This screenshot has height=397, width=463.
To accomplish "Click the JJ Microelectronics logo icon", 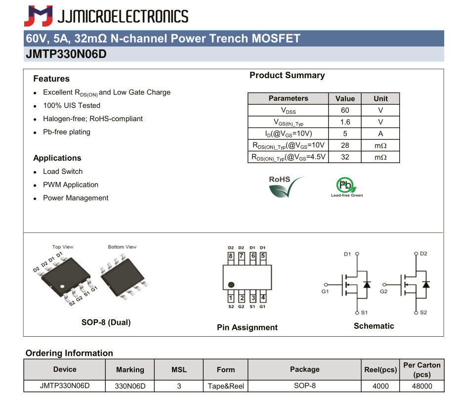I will click(38, 16).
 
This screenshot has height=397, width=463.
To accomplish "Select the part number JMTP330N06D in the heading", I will click(66, 54).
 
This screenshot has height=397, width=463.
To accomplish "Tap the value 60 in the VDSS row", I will click(345, 110).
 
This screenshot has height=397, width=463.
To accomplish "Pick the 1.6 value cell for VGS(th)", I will click(345, 122).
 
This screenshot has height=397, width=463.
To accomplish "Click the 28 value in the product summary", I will click(345, 145).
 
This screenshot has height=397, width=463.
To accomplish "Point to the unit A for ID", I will click(380, 133).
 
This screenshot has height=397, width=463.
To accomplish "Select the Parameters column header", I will click(288, 98).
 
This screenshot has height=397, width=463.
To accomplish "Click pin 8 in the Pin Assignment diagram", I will click(231, 256).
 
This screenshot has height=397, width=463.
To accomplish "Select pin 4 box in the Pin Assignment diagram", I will click(263, 298).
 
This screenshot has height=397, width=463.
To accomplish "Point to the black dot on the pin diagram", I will click(231, 285).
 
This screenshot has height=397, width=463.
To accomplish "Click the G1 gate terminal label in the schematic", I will click(325, 292).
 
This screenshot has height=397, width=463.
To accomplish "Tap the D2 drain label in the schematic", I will click(423, 254).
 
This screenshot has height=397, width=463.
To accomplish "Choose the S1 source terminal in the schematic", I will click(364, 312).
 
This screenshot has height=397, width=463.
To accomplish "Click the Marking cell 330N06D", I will click(130, 386).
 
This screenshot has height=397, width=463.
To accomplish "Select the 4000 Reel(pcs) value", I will click(380, 386).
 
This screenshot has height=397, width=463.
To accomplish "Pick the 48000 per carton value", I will click(421, 386).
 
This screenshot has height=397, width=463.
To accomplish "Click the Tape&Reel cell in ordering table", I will click(225, 386).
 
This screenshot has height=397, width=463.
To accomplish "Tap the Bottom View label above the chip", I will click(122, 247).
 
